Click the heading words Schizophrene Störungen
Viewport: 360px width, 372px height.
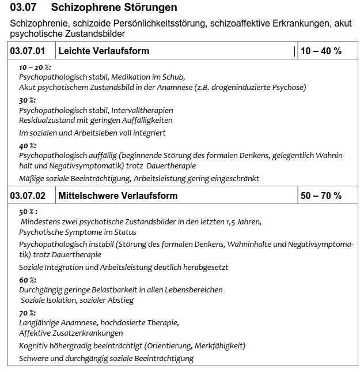pyautogui.click(x=114, y=7)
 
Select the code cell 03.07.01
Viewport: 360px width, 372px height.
pyautogui.click(x=28, y=51)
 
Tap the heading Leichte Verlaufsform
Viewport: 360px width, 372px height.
pyautogui.click(x=104, y=51)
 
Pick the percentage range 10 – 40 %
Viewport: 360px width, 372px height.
pyautogui.click(x=321, y=51)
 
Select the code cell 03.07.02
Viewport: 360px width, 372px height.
pyautogui.click(x=28, y=196)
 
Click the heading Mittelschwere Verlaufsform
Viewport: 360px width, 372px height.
pyautogui.click(x=118, y=196)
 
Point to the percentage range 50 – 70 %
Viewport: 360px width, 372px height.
pyautogui.click(x=321, y=196)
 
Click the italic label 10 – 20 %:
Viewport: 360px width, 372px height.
pyautogui.click(x=35, y=67)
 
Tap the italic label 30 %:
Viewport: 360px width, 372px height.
pyautogui.click(x=27, y=100)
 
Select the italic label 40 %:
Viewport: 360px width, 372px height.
pyautogui.click(x=27, y=146)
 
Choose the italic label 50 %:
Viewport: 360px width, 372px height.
pyautogui.click(x=28, y=212)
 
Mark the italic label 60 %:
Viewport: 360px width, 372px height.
pyautogui.click(x=27, y=280)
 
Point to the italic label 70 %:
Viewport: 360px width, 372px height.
pyautogui.click(x=27, y=313)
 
